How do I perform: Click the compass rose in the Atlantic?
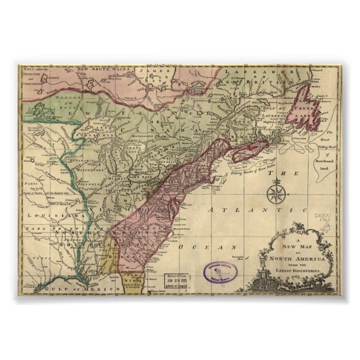pos(274,195)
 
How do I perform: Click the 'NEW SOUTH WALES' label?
pos(101,70)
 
